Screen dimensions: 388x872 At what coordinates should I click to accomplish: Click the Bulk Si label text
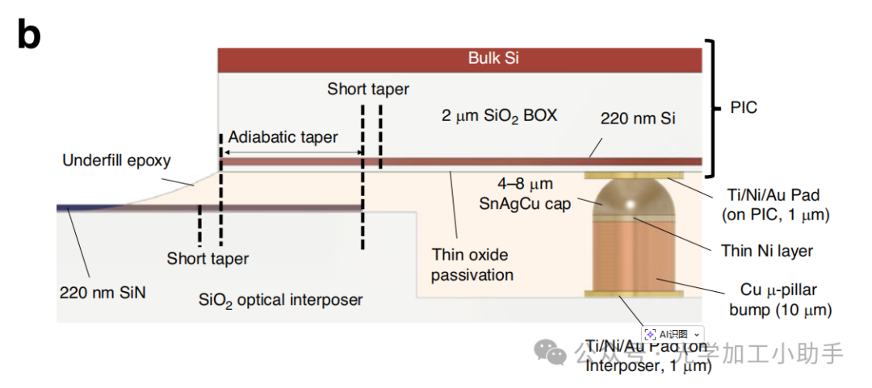493,58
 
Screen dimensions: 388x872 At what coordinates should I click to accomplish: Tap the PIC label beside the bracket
744,107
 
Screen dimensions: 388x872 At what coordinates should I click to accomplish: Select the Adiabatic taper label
283,137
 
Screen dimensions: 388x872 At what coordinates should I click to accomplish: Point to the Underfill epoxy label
116,161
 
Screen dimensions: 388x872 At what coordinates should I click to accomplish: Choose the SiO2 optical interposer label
280,300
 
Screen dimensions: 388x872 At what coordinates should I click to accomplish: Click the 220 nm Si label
638,119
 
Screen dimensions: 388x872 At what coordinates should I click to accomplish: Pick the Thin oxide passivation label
472,265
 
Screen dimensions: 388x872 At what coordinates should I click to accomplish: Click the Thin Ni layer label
766,251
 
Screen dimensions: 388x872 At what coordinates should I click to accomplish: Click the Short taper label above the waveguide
367,89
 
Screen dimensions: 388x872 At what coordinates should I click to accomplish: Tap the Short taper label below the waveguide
208,259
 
